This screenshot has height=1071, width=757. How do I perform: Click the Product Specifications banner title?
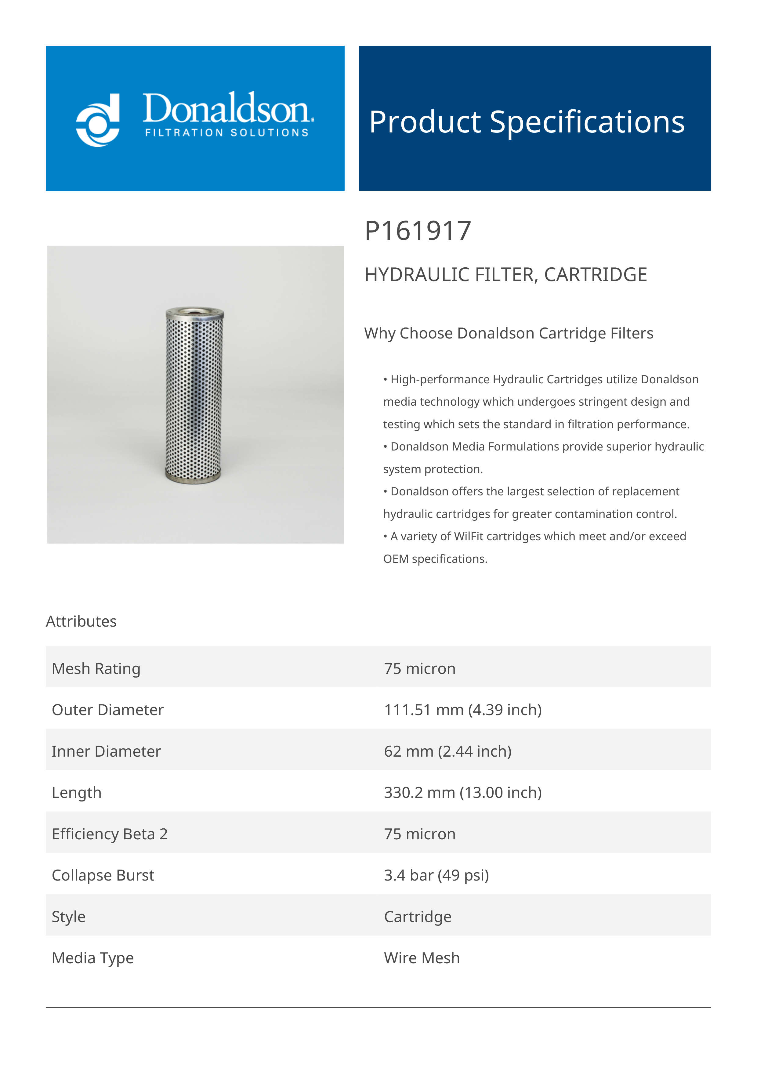(527, 122)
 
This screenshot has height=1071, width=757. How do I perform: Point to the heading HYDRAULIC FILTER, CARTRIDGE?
(505, 274)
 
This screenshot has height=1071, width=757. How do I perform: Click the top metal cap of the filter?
(195, 312)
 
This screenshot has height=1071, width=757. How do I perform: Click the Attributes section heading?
(81, 621)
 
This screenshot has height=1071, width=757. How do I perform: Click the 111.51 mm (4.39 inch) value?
(463, 710)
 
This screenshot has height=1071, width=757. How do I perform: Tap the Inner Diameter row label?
(106, 751)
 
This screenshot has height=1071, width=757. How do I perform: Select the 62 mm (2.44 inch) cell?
(448, 751)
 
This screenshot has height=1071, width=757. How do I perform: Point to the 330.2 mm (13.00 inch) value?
(463, 793)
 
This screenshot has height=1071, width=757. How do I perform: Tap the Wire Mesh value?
(422, 958)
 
